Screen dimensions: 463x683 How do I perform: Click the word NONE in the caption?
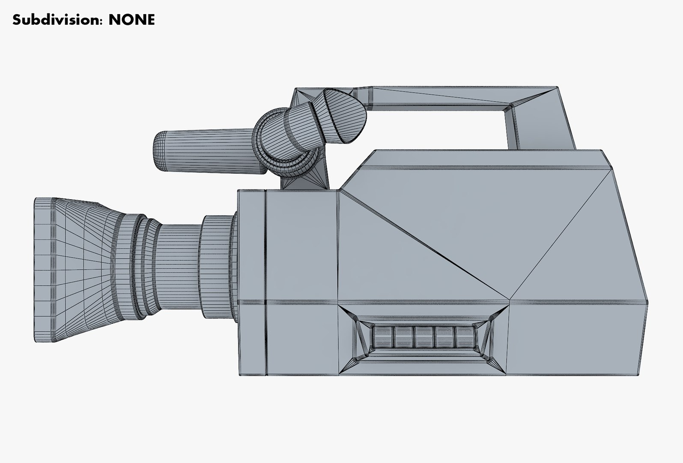point(131,20)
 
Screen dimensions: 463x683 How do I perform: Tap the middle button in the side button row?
point(424,337)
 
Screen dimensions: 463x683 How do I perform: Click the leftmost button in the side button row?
point(383,337)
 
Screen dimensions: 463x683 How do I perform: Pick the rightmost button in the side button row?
point(464,337)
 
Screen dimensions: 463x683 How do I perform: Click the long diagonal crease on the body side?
point(424,244)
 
